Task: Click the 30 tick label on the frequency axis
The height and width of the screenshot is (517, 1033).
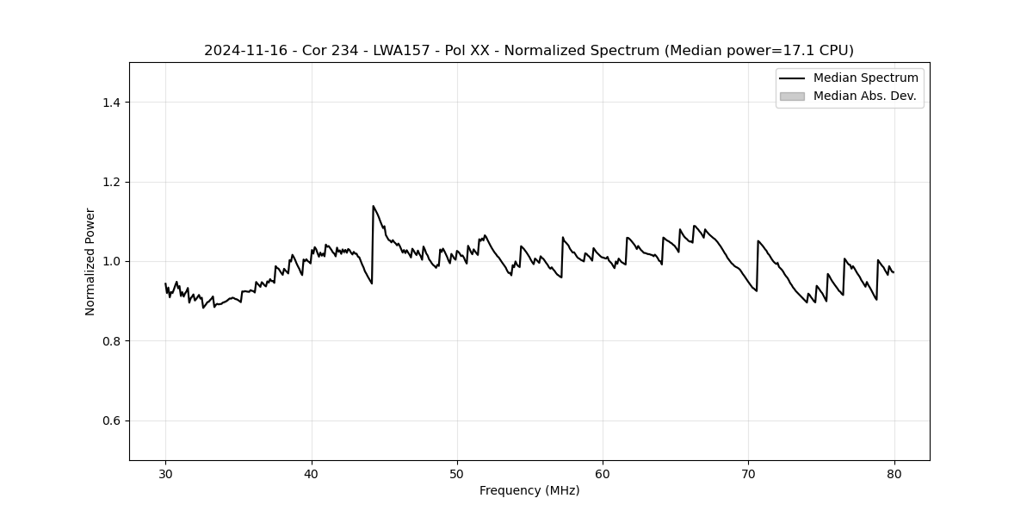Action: tap(166, 473)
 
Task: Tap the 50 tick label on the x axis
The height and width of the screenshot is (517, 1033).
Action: tap(457, 473)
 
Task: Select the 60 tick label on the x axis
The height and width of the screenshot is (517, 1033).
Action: tap(603, 473)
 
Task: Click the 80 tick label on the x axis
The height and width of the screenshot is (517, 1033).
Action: tap(894, 473)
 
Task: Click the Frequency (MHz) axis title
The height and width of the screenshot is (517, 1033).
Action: tap(529, 490)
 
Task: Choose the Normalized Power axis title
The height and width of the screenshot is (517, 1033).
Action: tap(90, 261)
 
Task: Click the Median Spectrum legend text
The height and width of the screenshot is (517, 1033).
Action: tap(865, 78)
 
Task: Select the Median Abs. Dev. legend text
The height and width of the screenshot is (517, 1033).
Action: tap(864, 96)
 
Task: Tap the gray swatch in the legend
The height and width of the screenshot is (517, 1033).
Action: tap(792, 96)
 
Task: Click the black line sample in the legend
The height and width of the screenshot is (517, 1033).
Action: tap(792, 78)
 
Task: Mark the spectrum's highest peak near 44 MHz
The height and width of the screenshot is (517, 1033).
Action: tap(373, 206)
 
